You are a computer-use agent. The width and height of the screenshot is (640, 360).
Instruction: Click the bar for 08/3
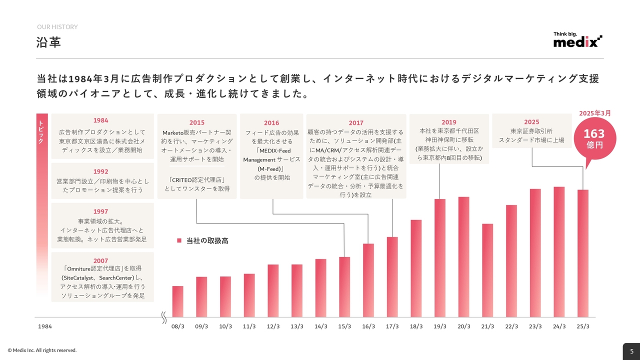click(x=177, y=301)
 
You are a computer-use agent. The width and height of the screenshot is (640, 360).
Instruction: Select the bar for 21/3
click(x=487, y=270)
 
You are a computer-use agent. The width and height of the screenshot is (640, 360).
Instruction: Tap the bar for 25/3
click(x=583, y=253)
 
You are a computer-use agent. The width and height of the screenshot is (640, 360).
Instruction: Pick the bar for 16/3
click(x=368, y=280)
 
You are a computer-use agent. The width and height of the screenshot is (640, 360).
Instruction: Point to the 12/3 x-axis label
click(x=273, y=326)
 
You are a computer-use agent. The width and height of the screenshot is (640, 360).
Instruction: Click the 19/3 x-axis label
click(x=440, y=326)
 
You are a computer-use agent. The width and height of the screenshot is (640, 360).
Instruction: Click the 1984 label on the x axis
click(x=45, y=326)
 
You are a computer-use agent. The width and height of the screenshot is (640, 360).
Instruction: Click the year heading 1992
click(x=100, y=171)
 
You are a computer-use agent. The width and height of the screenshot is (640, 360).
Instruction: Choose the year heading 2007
click(x=100, y=260)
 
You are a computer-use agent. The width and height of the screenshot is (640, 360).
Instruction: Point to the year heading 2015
click(x=196, y=122)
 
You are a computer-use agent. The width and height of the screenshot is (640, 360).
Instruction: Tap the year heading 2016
click(x=271, y=123)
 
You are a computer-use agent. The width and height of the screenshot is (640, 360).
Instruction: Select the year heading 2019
click(x=448, y=122)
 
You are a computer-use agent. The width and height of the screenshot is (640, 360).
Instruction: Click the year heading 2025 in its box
click(x=531, y=122)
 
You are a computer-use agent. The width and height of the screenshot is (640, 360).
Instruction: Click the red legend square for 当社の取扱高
click(x=179, y=240)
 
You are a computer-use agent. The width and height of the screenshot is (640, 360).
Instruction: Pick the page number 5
click(x=631, y=351)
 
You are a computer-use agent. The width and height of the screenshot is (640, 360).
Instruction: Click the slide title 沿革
click(x=49, y=42)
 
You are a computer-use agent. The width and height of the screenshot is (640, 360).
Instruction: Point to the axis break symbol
click(x=163, y=317)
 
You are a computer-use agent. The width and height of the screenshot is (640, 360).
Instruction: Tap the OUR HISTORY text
click(x=57, y=27)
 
